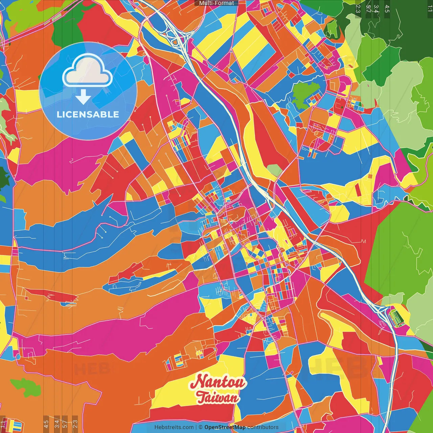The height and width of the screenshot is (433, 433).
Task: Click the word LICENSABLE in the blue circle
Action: pyautogui.click(x=88, y=114)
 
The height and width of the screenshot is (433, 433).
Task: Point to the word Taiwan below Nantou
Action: pyautogui.click(x=217, y=398)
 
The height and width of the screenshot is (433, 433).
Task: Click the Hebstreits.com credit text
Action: pyautogui.click(x=174, y=427)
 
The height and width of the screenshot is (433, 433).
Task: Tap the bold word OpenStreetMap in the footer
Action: pyautogui.click(x=225, y=427)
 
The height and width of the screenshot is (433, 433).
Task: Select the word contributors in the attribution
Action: pyautogui.click(x=263, y=427)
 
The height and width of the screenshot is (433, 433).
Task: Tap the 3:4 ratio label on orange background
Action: pyautogui.click(x=57, y=423)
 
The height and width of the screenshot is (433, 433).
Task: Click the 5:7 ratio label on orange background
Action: pyautogui.click(x=65, y=423)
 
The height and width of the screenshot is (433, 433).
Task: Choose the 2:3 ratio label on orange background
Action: pyautogui.click(x=75, y=423)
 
